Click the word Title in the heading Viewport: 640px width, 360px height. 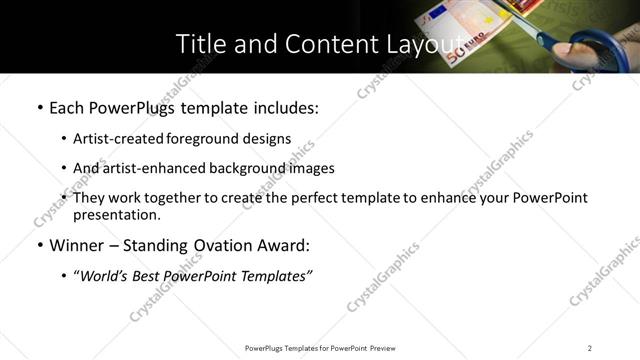point(200,45)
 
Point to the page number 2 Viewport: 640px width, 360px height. point(590,347)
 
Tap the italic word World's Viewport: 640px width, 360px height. point(105,276)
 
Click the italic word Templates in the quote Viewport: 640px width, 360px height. point(273,276)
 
